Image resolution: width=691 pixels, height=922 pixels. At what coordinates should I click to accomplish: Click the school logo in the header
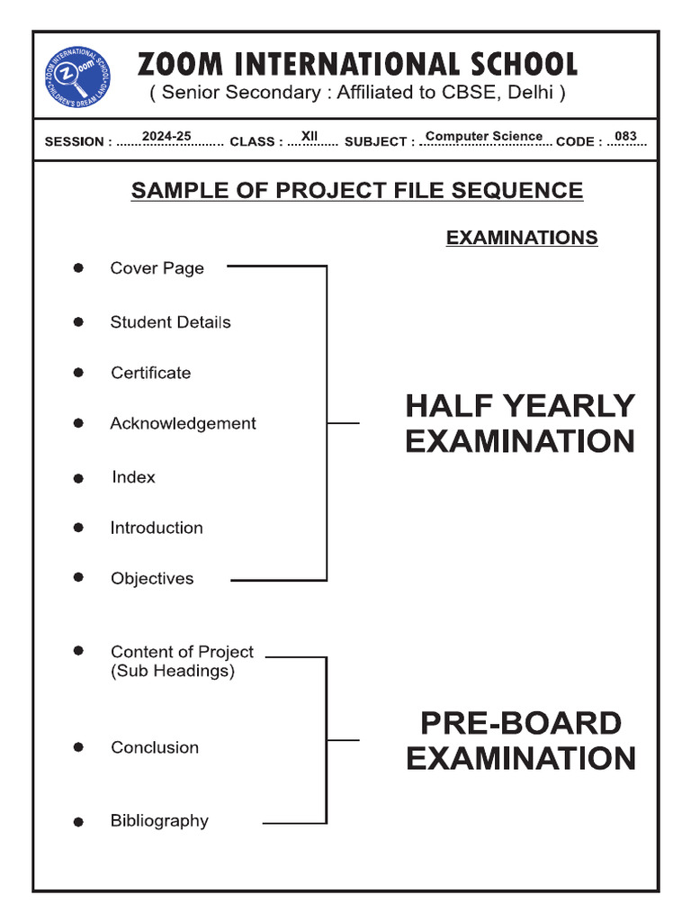(79, 77)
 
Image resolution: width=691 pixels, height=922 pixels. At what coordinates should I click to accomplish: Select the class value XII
(310, 136)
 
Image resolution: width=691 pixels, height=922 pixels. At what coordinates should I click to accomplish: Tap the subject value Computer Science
(484, 136)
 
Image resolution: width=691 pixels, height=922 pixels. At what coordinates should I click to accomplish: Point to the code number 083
(625, 137)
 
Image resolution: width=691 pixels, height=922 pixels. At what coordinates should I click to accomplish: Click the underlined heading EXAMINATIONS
(522, 238)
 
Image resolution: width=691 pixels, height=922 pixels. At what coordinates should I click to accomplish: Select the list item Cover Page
(157, 268)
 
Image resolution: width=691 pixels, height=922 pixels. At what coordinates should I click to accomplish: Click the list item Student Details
(170, 322)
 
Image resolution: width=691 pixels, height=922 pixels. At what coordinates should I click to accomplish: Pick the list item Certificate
(150, 373)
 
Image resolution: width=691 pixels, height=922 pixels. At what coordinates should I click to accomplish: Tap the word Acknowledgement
(183, 423)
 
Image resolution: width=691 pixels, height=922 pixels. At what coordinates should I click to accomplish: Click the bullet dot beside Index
(79, 479)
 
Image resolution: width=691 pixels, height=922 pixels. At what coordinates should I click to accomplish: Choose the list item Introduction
(157, 528)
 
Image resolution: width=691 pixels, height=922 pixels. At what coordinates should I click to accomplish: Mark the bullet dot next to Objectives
(79, 577)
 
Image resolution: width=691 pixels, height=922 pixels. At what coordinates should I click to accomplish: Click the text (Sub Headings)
(173, 672)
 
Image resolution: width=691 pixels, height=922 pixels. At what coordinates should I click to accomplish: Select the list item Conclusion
(155, 747)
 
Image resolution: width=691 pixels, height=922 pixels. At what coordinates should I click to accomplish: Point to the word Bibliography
(159, 820)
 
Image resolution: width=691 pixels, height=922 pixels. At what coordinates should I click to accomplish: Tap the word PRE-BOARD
(521, 724)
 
